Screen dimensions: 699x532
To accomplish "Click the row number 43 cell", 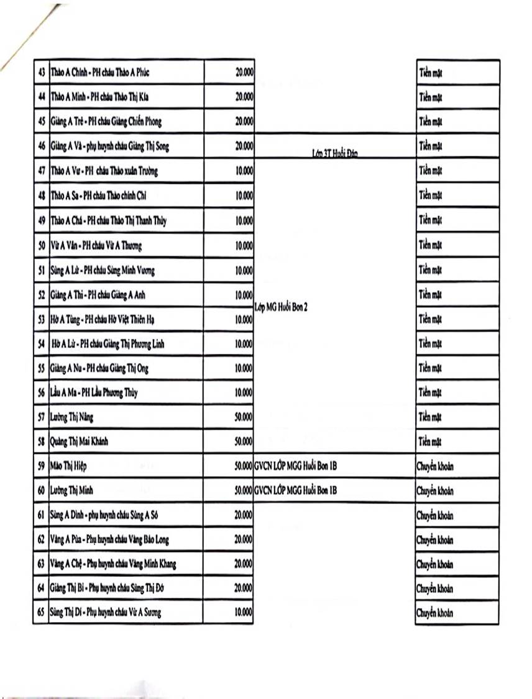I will [42, 73].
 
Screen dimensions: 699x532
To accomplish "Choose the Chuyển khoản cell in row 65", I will [434, 613].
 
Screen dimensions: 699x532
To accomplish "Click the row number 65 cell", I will [42, 613].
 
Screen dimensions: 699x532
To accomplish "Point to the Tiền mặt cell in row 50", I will [430, 246].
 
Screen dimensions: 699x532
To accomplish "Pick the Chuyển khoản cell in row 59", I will [434, 466].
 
